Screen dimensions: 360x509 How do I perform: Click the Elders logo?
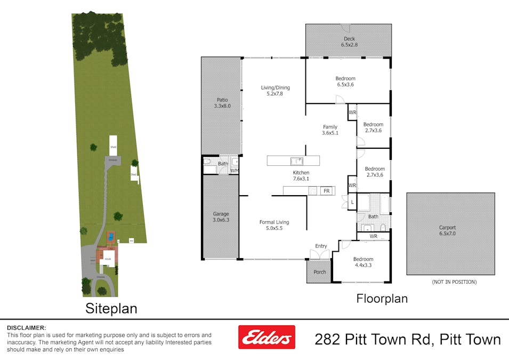pyautogui.click(x=266, y=337)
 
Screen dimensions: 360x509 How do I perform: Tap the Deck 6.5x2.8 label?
pyautogui.click(x=349, y=42)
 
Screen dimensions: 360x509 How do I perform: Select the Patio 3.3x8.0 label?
pyautogui.click(x=222, y=103)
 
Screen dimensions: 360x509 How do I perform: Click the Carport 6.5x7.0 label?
pyautogui.click(x=450, y=230)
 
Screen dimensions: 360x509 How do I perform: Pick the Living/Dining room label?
pyautogui.click(x=274, y=91)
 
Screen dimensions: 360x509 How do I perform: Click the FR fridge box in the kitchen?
pyautogui.click(x=326, y=190)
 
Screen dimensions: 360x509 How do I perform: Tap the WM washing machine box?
pyautogui.click(x=234, y=171)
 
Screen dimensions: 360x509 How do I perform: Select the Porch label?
pyautogui.click(x=320, y=272)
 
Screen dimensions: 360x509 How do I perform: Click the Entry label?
pyautogui.click(x=321, y=246)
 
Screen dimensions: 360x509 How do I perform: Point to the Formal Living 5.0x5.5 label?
pyautogui.click(x=274, y=225)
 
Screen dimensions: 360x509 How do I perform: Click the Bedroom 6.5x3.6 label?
pyautogui.click(x=345, y=82)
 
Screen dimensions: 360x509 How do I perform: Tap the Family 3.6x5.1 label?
pyautogui.click(x=330, y=130)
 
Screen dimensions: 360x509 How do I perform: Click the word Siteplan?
pyautogui.click(x=111, y=308)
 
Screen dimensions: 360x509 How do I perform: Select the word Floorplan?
pyautogui.click(x=382, y=299)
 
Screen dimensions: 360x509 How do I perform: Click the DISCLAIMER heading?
pyautogui.click(x=26, y=327)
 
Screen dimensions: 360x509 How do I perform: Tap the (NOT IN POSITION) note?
pyautogui.click(x=454, y=282)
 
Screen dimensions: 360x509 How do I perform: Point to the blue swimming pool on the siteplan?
pyautogui.click(x=110, y=236)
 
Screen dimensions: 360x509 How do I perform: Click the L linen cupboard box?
pyautogui.click(x=352, y=202)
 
